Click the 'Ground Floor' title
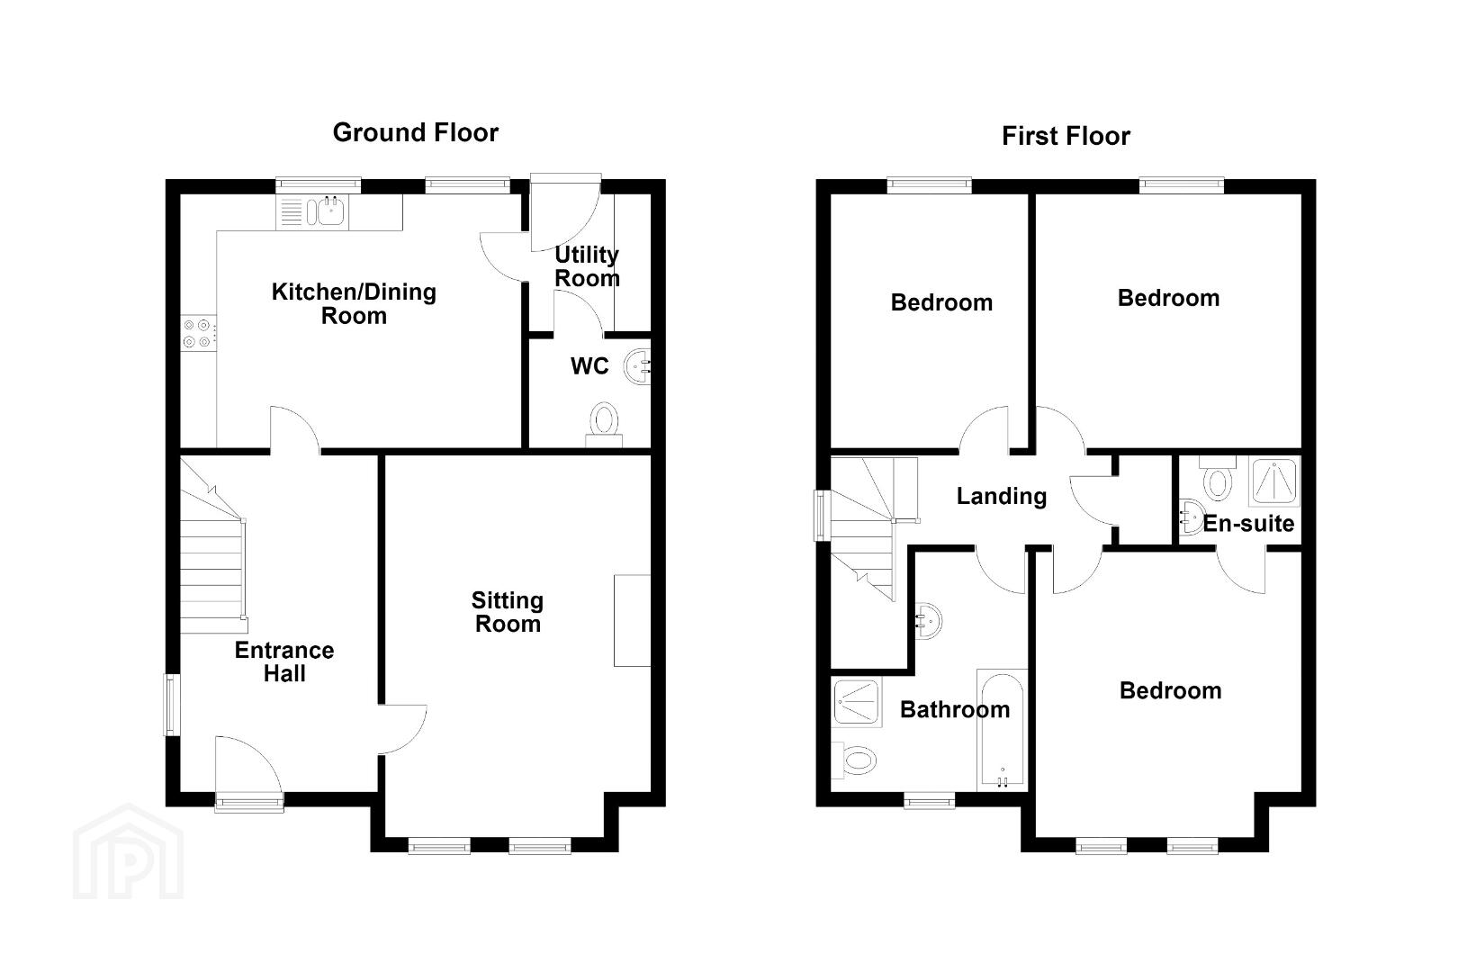pyautogui.click(x=415, y=133)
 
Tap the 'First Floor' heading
pyautogui.click(x=1066, y=136)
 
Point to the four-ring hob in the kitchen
pyautogui.click(x=198, y=333)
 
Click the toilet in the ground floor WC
pyautogui.click(x=604, y=424)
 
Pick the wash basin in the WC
pyautogui.click(x=638, y=367)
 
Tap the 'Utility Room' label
pyautogui.click(x=587, y=266)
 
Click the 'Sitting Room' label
pyautogui.click(x=508, y=612)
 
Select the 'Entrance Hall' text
pyautogui.click(x=284, y=661)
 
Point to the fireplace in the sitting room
pyautogui.click(x=632, y=620)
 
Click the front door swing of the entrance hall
pyautogui.click(x=249, y=766)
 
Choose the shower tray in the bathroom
pyautogui.click(x=857, y=702)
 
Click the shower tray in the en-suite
pyautogui.click(x=1274, y=481)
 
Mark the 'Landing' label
pyautogui.click(x=1002, y=496)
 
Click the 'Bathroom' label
pyautogui.click(x=955, y=709)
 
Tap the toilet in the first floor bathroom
pyautogui.click(x=854, y=760)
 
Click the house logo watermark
pyautogui.click(x=128, y=851)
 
